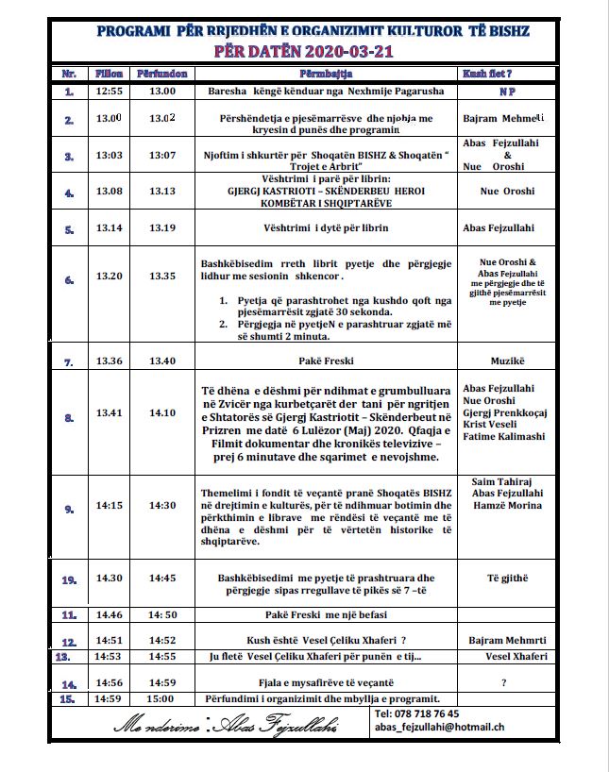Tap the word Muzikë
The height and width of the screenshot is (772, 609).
[507, 361]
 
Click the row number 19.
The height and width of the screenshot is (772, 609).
[69, 579]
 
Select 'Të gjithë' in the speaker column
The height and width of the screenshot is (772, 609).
[506, 577]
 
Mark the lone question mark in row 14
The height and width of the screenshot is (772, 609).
[504, 681]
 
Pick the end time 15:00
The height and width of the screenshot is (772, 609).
[162, 698]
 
